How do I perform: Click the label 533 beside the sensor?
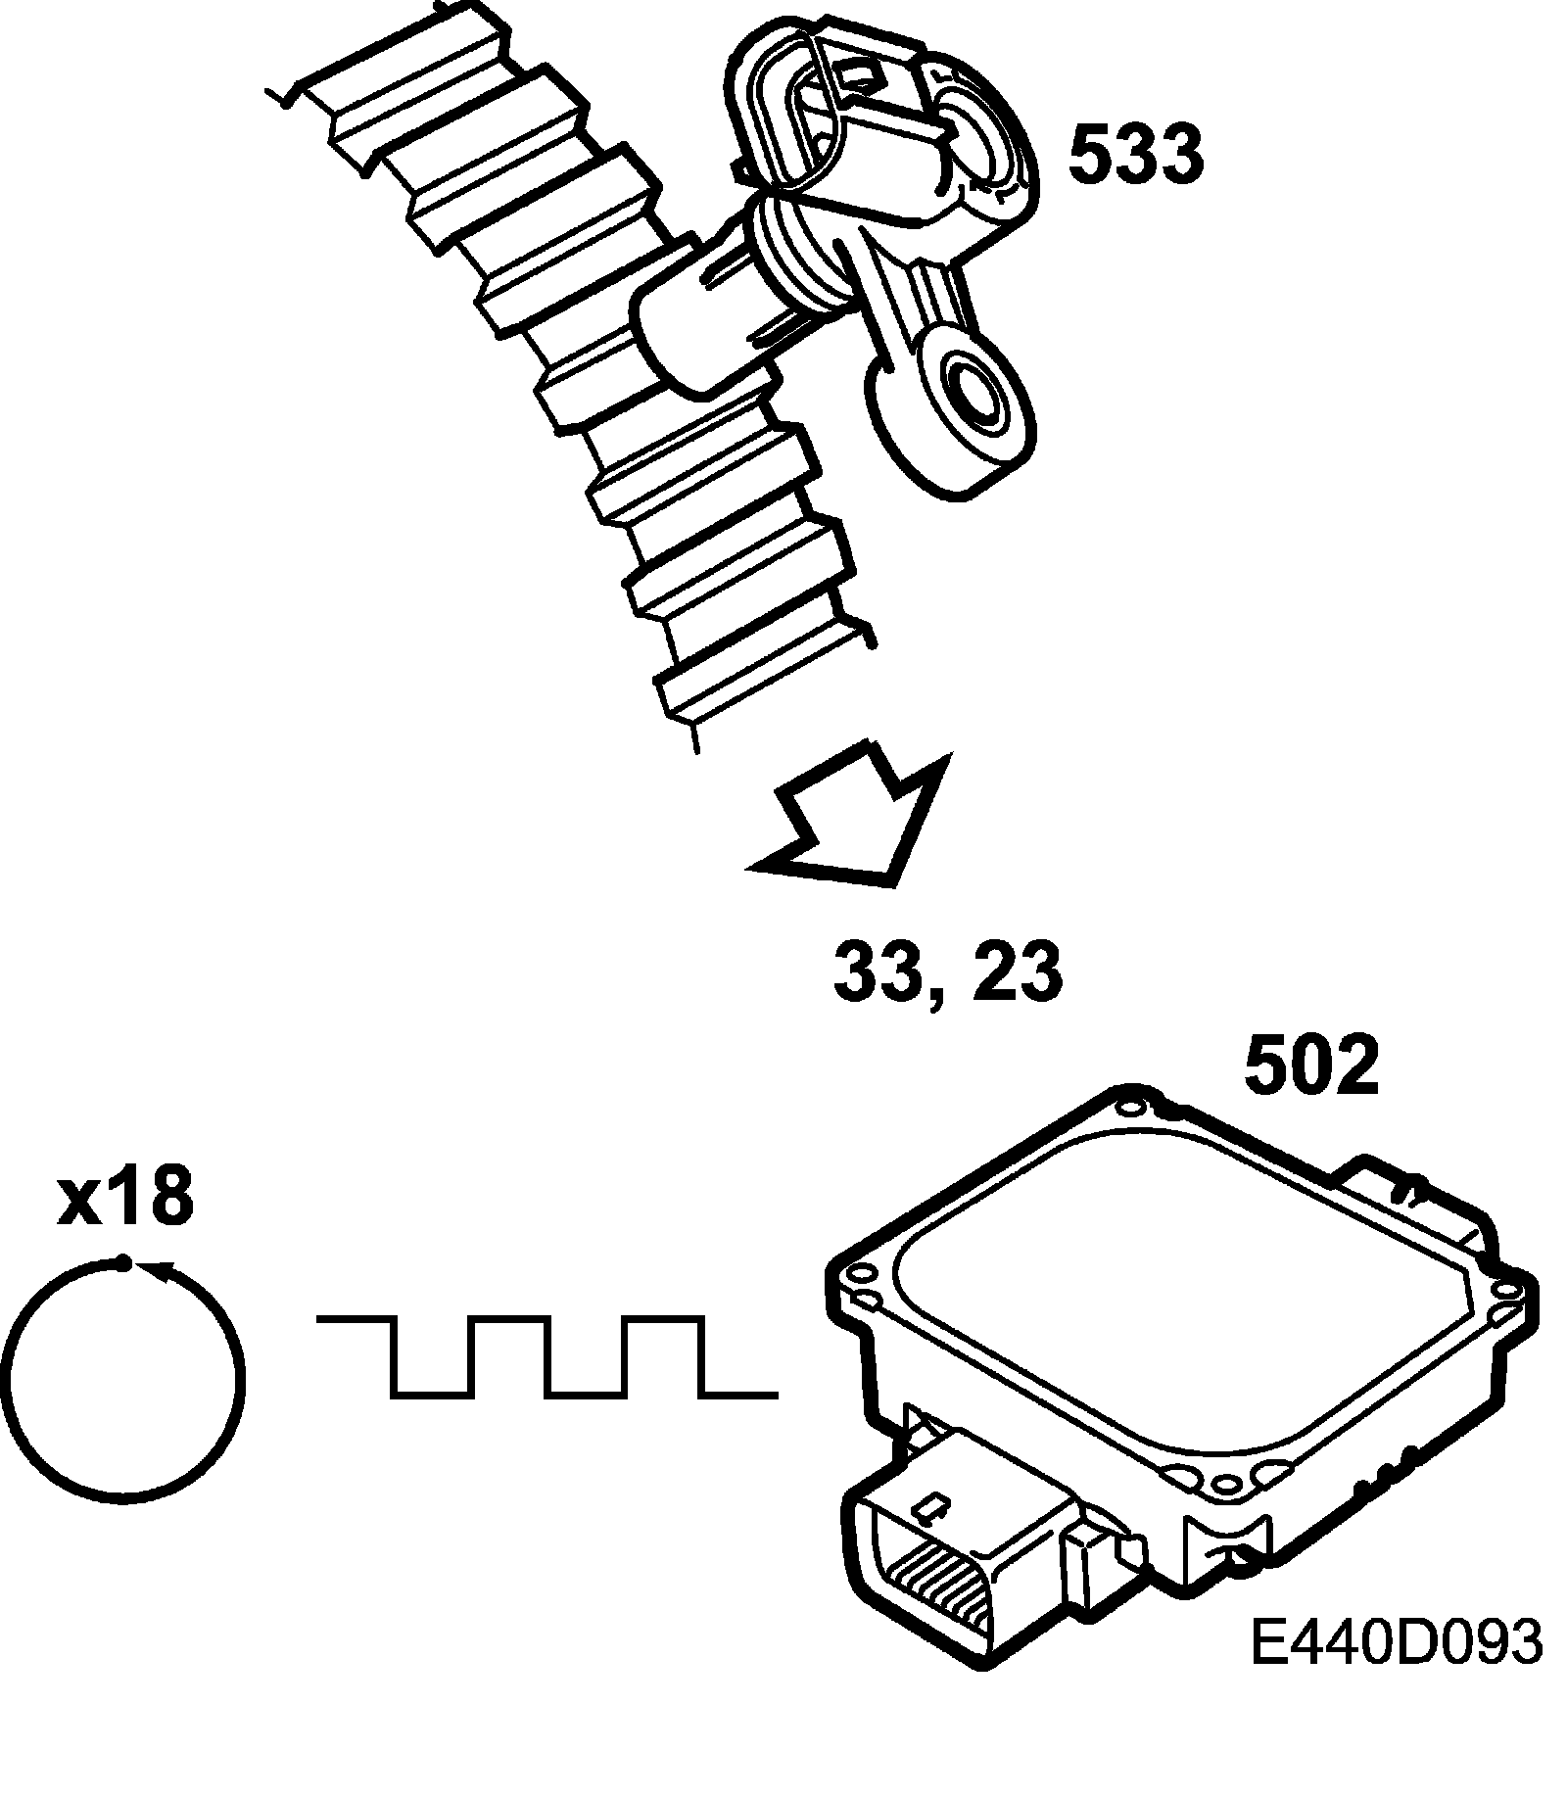click(1135, 156)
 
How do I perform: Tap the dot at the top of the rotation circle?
click(122, 1264)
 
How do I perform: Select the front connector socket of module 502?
click(940, 1577)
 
